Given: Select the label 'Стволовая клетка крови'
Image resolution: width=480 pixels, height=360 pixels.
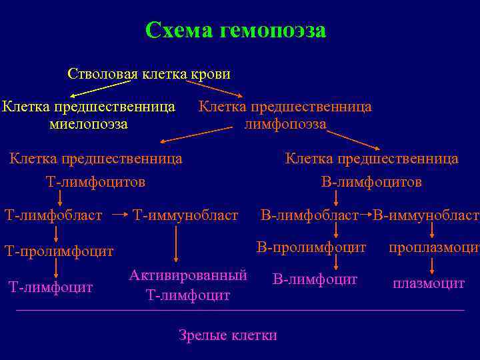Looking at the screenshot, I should pos(149,73).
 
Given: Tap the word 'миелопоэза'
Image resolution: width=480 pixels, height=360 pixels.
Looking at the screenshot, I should pos(89,123).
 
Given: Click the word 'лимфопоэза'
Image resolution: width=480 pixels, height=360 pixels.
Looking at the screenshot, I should pos(285,123).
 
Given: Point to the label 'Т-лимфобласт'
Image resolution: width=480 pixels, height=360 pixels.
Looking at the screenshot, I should pos(53,215).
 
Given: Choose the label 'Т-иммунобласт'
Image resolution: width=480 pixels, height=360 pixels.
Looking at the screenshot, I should pos(185,215).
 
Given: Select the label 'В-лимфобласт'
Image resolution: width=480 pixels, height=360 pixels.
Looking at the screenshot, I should pos(309,215).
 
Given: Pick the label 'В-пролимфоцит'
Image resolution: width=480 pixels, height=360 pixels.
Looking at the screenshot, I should pos(311,247).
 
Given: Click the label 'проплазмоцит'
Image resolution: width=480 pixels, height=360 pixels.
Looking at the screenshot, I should pos(434,247).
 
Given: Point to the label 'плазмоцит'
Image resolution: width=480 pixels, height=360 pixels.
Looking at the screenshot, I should pos(429,283).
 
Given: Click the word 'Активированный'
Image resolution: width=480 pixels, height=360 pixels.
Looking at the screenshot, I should pos(188,275).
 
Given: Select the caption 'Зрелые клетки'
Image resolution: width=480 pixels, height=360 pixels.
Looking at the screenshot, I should pos(227,335).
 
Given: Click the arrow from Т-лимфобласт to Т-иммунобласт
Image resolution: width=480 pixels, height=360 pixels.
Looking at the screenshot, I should pos(119,215).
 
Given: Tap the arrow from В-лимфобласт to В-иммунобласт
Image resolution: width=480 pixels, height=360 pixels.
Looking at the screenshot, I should pos(365,215).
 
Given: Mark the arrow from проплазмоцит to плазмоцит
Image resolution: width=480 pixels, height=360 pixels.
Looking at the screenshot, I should pos(433,266).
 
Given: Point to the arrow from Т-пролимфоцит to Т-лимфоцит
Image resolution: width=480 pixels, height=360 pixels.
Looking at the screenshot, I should pos(56,268).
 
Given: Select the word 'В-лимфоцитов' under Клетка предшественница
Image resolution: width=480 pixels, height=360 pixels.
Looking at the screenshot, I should pos(371,181).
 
